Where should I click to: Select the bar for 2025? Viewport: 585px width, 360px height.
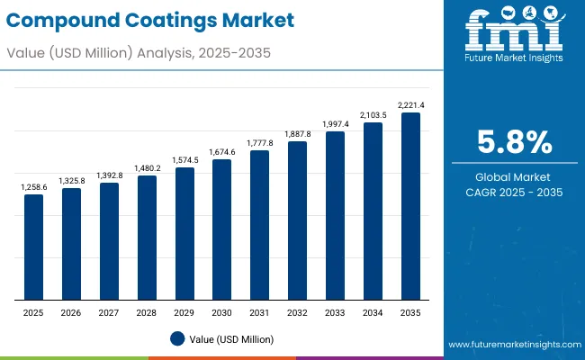click(x=33, y=247)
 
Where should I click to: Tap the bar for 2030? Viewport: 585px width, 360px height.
click(x=221, y=229)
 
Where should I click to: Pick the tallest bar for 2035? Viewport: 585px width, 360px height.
click(x=410, y=206)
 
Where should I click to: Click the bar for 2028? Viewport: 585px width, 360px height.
click(x=147, y=238)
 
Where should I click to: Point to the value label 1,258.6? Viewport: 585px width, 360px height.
click(x=33, y=186)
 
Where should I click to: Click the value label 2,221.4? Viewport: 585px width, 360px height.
click(x=410, y=105)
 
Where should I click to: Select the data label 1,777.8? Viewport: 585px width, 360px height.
click(x=259, y=143)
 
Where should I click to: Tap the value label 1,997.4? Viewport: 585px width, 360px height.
click(x=335, y=124)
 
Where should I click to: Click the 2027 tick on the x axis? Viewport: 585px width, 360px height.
click(x=109, y=312)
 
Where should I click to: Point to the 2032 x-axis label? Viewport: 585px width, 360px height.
click(x=297, y=312)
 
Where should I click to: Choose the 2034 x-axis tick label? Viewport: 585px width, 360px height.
click(x=373, y=312)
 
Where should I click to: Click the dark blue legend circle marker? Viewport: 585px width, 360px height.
click(x=177, y=338)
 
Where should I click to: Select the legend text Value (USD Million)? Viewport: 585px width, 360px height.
click(x=231, y=338)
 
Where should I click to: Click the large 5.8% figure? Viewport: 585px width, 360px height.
click(x=514, y=142)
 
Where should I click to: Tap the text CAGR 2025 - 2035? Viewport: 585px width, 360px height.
click(x=514, y=192)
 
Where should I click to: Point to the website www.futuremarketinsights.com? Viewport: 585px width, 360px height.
click(x=511, y=345)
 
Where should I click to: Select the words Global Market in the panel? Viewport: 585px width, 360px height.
click(x=514, y=176)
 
